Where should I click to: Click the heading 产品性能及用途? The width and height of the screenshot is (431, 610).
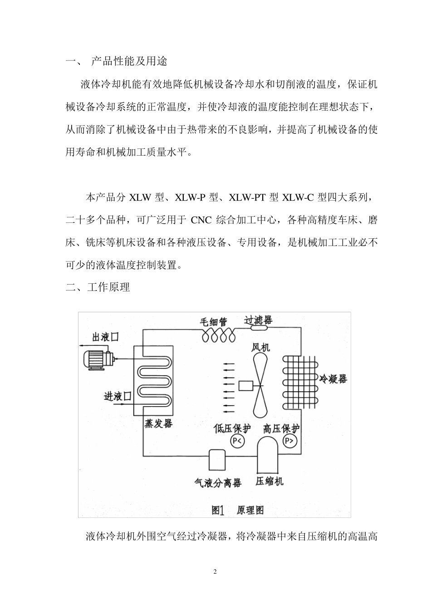(x=129, y=61)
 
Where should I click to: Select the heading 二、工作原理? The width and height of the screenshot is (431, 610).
(x=98, y=287)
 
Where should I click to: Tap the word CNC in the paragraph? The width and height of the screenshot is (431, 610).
(x=201, y=221)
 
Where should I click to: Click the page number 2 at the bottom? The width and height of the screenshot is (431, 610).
(x=215, y=571)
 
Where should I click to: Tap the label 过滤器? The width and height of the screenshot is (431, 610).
(x=259, y=320)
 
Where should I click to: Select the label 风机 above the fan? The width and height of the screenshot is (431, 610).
(x=261, y=348)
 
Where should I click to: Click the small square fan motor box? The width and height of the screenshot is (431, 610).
(x=247, y=386)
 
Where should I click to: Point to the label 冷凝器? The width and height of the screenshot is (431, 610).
(x=333, y=379)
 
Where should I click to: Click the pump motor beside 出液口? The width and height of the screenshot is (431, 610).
(x=97, y=359)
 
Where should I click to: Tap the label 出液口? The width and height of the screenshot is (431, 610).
(x=105, y=337)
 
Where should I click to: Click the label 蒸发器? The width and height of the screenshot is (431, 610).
(x=158, y=424)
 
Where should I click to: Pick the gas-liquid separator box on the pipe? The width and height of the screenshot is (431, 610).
(x=217, y=460)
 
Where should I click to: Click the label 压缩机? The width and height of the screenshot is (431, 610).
(x=269, y=481)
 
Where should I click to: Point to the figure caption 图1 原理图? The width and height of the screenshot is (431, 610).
(x=237, y=510)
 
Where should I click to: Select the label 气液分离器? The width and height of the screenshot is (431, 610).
(x=218, y=482)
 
